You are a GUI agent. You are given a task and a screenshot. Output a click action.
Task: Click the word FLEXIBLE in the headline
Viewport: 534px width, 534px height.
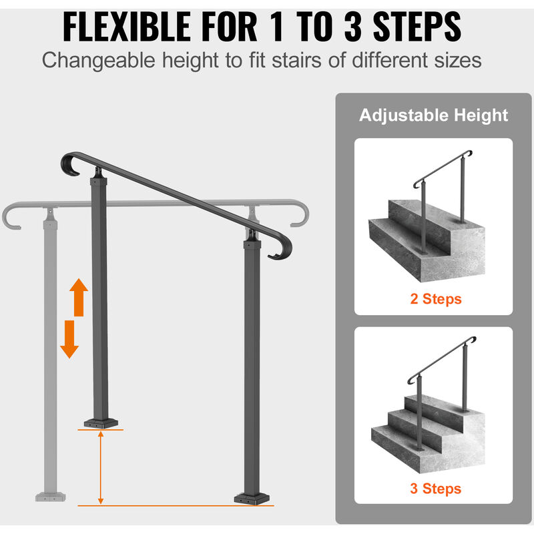[127, 27]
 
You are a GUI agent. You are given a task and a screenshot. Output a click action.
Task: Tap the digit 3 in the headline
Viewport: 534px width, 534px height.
[353, 27]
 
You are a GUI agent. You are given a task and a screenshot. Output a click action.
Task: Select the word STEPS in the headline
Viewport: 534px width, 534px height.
[417, 27]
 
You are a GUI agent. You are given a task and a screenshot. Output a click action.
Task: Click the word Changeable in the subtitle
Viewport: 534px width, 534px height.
[98, 61]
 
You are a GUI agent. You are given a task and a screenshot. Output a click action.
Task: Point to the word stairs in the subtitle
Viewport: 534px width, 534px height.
[296, 60]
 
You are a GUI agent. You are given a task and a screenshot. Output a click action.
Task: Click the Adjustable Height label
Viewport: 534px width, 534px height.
[433, 115]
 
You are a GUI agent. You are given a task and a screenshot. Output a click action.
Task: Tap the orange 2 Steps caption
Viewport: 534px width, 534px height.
[436, 299]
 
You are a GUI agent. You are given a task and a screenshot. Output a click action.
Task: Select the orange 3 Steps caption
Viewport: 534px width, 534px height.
[436, 489]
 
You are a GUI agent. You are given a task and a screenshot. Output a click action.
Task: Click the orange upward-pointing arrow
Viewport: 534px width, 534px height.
[79, 297]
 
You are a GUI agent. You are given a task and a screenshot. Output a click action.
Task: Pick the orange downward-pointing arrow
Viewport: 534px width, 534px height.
[69, 339]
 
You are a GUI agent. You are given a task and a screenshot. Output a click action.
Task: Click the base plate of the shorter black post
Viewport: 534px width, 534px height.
[101, 423]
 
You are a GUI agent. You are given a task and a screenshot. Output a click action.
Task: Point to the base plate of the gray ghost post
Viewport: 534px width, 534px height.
[51, 497]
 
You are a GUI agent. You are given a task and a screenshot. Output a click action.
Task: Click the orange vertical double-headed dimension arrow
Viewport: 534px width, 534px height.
[101, 468]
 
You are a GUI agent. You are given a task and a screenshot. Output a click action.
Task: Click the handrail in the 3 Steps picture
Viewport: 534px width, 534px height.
[442, 360]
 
